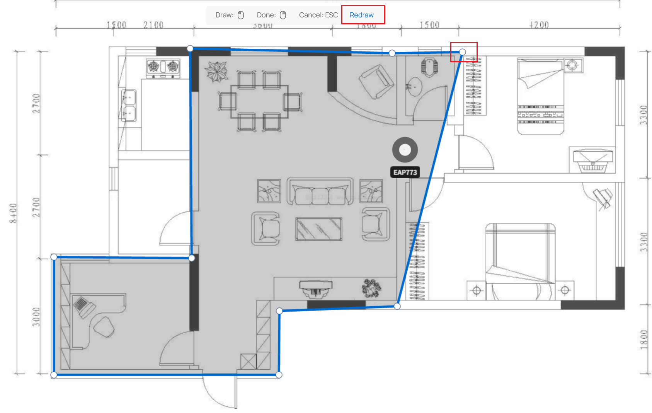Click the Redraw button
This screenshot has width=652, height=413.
361,15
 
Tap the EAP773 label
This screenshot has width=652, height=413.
405,172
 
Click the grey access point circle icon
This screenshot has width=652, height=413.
405,150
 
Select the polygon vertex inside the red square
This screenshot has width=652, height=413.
463,52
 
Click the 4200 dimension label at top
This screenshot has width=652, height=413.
539,25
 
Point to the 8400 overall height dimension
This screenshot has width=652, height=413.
13,213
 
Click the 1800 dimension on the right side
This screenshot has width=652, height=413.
643,339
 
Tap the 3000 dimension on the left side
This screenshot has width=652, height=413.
36,317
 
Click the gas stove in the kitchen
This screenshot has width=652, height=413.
163,67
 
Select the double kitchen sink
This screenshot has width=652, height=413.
129,105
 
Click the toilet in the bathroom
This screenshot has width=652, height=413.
429,67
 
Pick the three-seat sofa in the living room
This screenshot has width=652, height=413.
320,191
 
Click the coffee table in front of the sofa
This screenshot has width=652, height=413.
319,229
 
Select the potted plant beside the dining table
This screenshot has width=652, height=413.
217,72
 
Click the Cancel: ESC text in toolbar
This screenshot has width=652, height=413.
318,15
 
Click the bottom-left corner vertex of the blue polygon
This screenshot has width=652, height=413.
54,374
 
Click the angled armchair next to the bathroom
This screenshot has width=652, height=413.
376,81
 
